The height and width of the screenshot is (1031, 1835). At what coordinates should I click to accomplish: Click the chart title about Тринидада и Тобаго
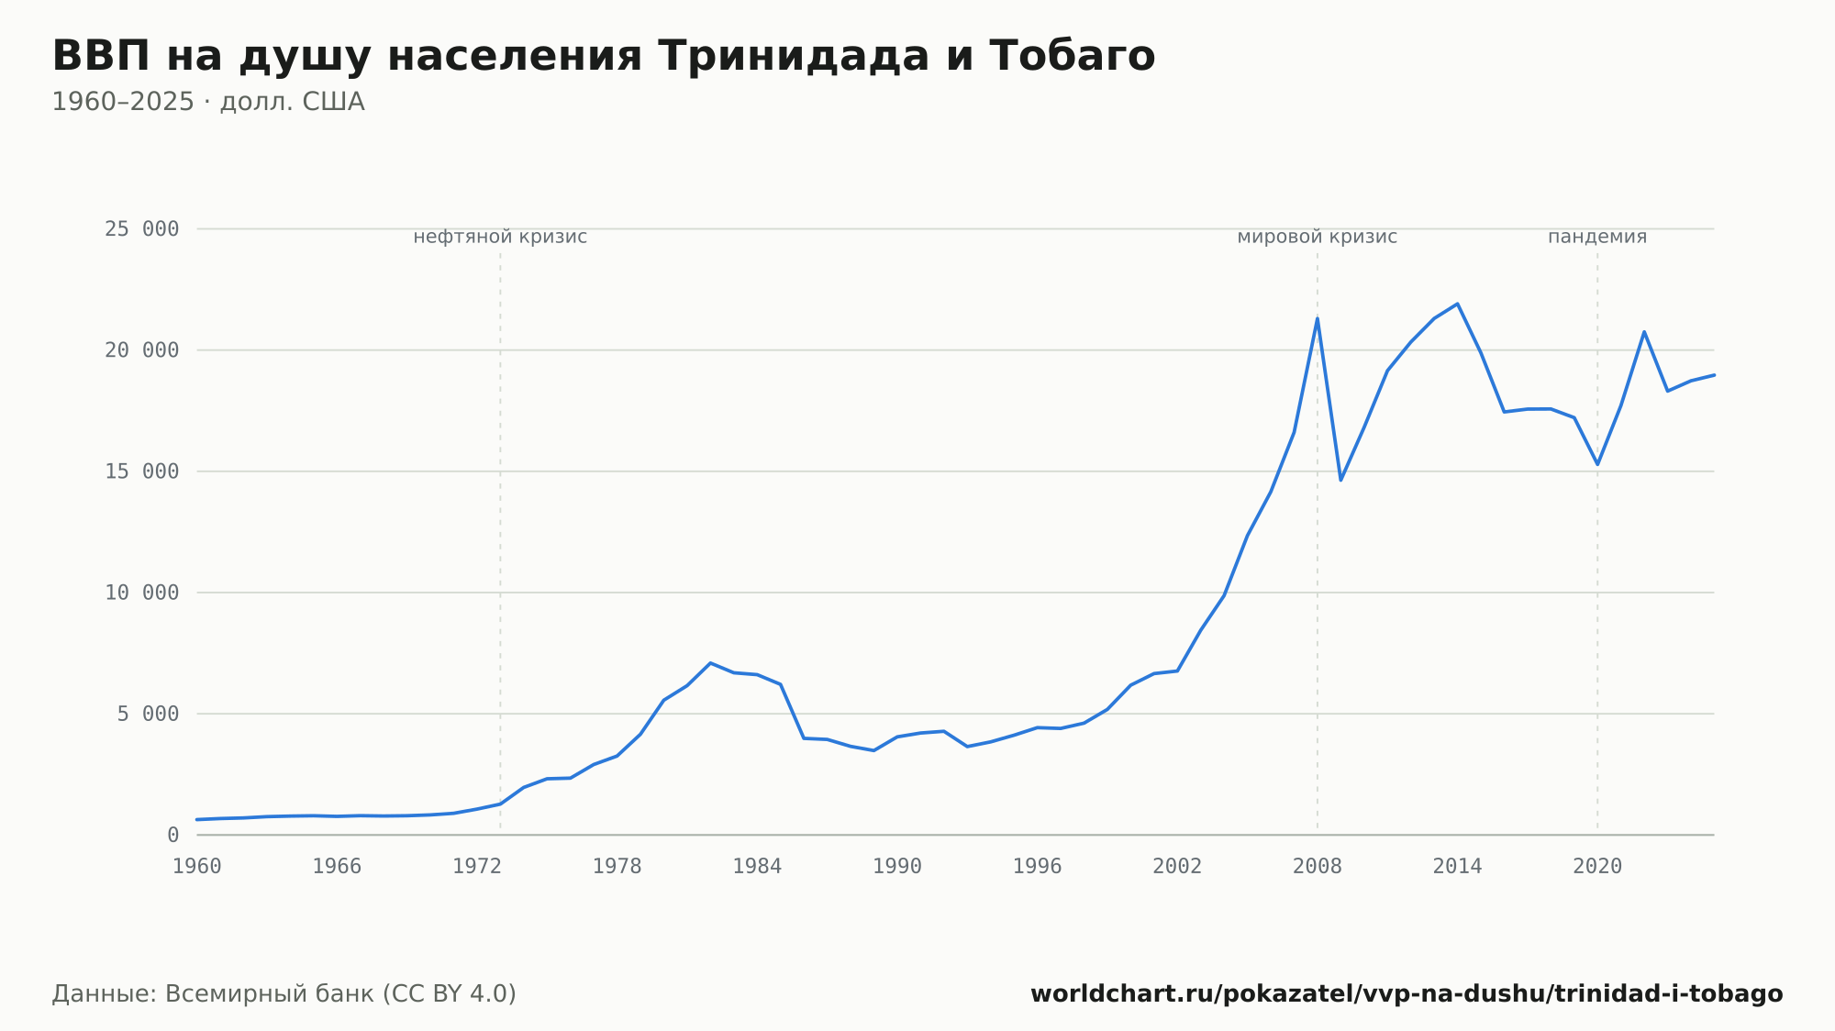click(x=604, y=56)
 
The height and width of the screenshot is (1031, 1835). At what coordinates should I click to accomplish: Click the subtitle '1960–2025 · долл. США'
click(x=208, y=102)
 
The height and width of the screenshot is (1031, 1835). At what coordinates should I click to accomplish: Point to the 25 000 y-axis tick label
click(x=142, y=229)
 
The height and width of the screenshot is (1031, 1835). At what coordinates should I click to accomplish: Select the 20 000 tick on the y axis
click(x=142, y=350)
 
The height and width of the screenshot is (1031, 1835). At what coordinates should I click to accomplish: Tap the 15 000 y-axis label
click(x=142, y=471)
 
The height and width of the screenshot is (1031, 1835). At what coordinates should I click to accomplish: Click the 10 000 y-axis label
click(x=142, y=593)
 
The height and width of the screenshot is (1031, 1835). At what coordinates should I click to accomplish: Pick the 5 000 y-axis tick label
click(x=148, y=714)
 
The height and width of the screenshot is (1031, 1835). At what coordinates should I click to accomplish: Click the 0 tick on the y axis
click(x=173, y=836)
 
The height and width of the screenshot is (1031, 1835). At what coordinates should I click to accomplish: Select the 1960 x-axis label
click(x=197, y=867)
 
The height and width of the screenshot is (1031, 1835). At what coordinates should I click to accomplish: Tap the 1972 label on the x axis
click(x=477, y=867)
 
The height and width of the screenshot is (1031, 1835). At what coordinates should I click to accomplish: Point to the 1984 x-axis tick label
click(x=757, y=867)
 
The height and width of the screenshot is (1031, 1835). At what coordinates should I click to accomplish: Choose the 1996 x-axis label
click(x=1038, y=867)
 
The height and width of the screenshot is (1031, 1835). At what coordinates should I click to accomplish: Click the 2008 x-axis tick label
click(x=1318, y=867)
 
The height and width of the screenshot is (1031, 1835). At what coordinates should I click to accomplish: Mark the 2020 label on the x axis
click(x=1597, y=867)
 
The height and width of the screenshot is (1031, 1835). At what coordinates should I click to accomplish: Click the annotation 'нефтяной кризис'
click(x=500, y=237)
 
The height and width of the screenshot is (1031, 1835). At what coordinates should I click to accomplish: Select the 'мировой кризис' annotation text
click(x=1318, y=237)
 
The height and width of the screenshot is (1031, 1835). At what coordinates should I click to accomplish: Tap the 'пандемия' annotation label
click(x=1597, y=237)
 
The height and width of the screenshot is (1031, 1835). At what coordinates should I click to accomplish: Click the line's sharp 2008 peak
click(x=1318, y=318)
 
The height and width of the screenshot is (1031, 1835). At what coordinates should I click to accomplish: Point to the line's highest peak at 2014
click(x=1457, y=304)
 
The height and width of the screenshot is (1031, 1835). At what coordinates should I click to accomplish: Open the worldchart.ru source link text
click(x=1407, y=994)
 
